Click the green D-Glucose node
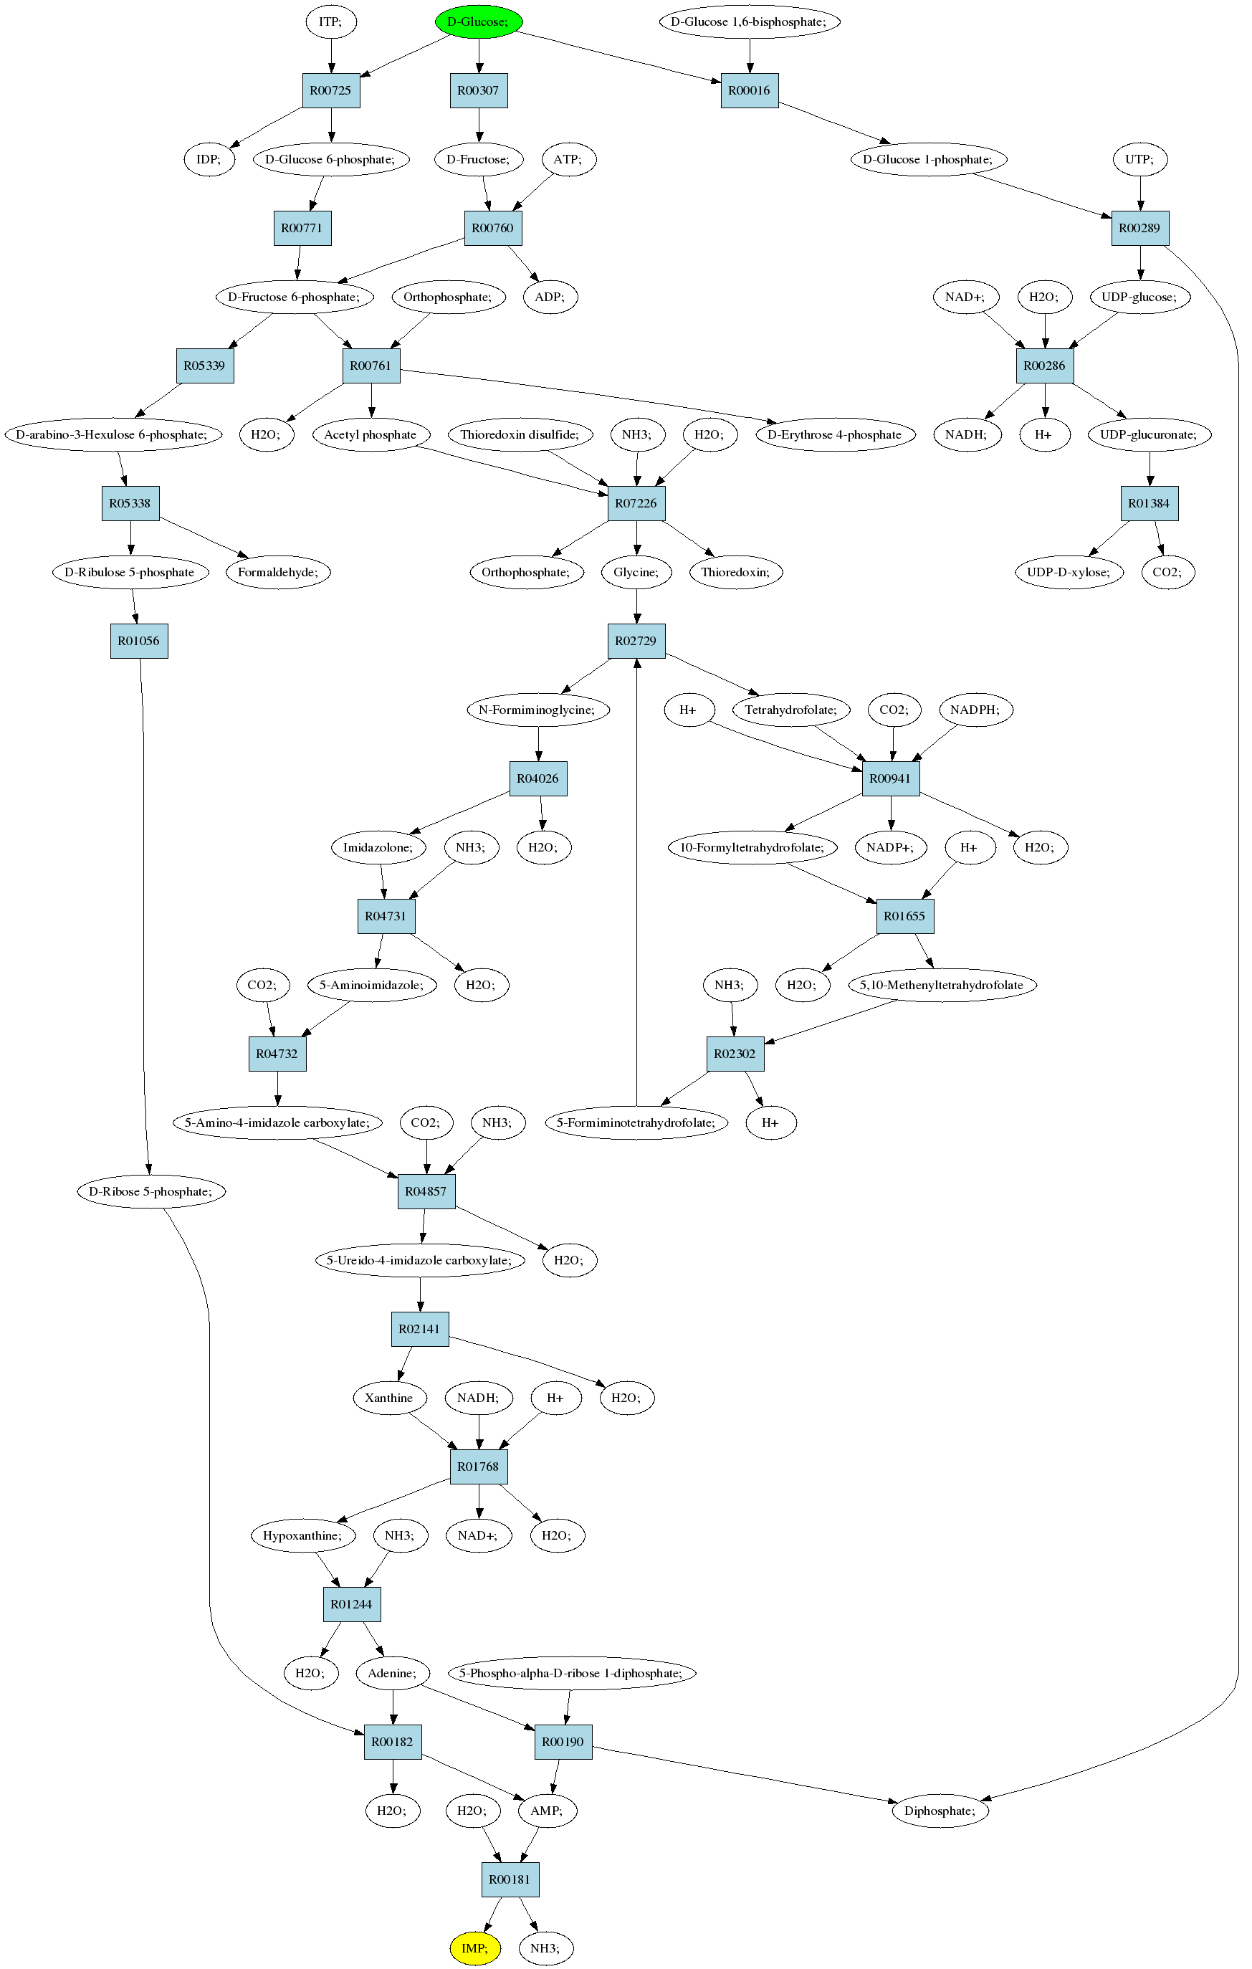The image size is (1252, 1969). [x=479, y=22]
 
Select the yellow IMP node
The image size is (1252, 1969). [x=474, y=1947]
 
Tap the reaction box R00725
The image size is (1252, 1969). [x=331, y=90]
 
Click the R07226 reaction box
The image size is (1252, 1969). [x=636, y=503]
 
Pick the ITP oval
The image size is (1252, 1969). [x=331, y=22]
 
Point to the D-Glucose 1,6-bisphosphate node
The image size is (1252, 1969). [x=750, y=22]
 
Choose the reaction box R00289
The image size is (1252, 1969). [x=1140, y=227]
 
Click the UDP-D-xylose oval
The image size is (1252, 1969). [x=1069, y=571]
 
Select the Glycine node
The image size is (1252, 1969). [x=636, y=571]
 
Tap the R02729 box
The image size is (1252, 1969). [x=636, y=640]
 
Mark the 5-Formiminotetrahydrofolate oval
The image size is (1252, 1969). [x=636, y=1122]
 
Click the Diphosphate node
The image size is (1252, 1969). [x=940, y=1811]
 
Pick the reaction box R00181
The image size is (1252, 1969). [x=510, y=1879]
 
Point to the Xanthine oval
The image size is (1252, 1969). [x=389, y=1398]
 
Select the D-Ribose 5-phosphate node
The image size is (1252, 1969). [x=151, y=1191]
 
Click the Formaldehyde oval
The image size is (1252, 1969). [x=278, y=571]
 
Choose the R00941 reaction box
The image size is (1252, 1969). [x=892, y=778]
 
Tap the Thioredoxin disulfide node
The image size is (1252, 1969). [x=520, y=434]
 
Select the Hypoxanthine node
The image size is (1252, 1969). [x=302, y=1535]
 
